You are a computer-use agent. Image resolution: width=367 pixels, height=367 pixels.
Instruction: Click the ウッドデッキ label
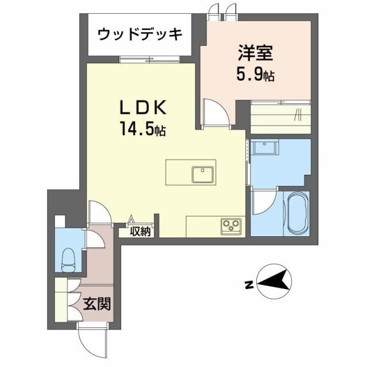pyautogui.click(x=140, y=34)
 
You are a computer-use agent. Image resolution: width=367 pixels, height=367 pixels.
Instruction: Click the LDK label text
pyautogui.click(x=143, y=108)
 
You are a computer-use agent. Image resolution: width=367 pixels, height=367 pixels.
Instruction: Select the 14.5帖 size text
pyautogui.click(x=143, y=130)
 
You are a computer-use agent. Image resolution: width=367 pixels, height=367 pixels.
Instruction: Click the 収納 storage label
pyautogui.click(x=140, y=232)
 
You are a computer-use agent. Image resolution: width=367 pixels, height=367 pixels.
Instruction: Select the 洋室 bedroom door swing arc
pyautogui.click(x=217, y=112)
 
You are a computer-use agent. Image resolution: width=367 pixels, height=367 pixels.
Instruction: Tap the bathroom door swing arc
pyautogui.click(x=264, y=203)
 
